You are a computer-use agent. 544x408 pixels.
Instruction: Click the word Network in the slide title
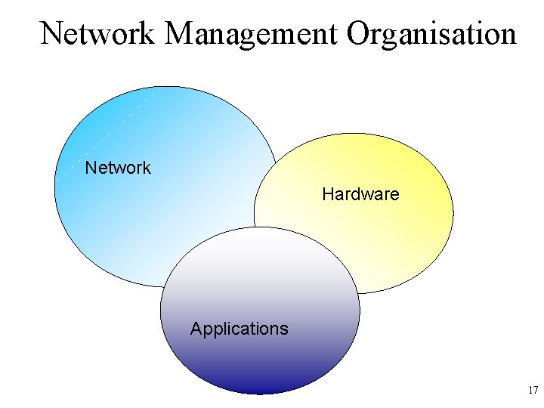97,33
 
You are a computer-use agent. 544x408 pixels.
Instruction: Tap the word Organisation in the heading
431,33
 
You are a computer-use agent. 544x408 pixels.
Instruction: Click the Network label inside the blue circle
118,168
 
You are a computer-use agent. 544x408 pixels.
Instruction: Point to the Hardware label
360,194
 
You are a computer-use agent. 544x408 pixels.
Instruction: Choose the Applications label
239,329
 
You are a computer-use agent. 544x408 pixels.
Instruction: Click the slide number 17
533,391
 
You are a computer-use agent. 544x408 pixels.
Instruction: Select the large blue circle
144,136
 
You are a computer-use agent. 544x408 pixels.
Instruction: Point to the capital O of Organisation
360,33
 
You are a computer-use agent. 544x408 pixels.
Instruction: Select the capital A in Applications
196,329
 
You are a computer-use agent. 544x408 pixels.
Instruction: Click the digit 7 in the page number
536,391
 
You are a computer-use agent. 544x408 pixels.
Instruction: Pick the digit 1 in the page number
530,391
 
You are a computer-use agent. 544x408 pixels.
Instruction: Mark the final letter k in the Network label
147,168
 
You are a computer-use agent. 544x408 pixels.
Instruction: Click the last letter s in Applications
284,329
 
